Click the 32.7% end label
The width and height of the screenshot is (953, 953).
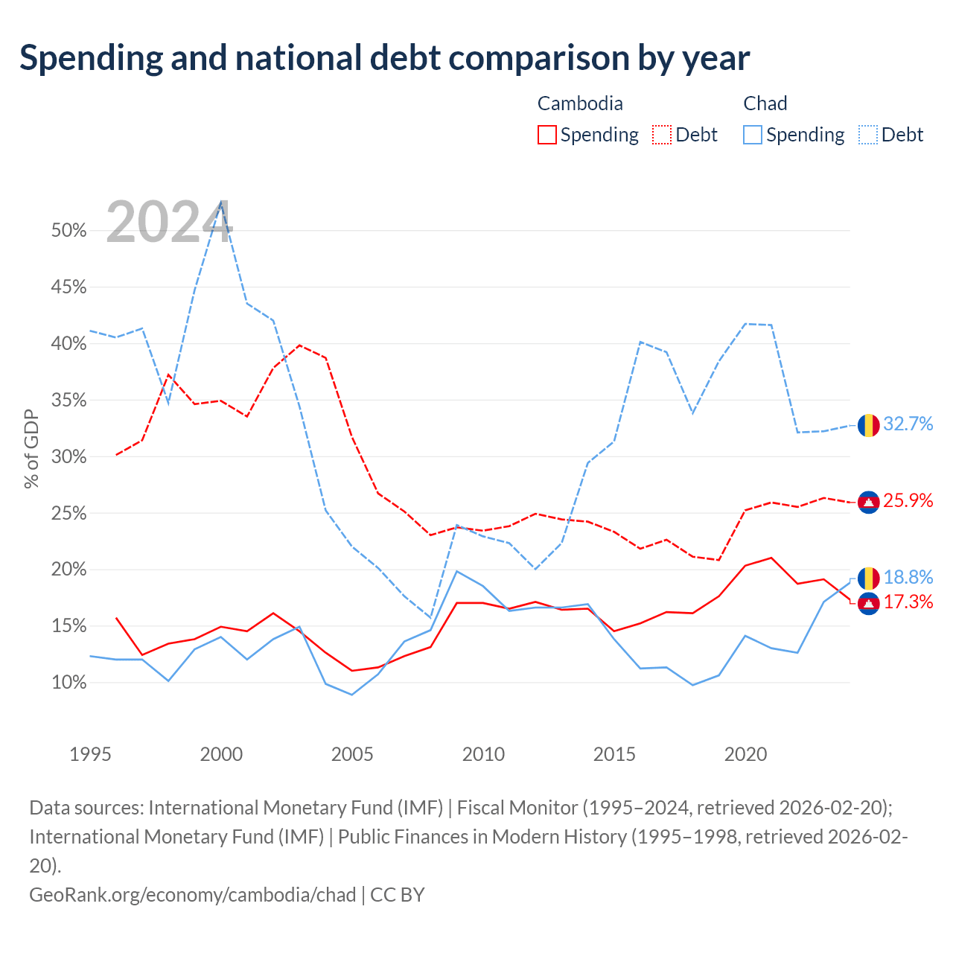point(908,424)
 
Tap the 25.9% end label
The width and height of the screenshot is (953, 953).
point(908,500)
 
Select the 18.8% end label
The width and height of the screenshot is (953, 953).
point(908,577)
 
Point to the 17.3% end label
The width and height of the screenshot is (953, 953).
point(908,602)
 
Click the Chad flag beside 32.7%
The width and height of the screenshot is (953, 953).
point(868,425)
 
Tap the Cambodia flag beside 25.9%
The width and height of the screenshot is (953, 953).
point(868,503)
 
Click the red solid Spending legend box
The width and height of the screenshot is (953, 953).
point(547,135)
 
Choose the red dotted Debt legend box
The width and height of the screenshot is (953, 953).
point(662,135)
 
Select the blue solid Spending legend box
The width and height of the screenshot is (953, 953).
point(752,135)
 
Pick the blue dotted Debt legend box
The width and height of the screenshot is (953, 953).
point(867,135)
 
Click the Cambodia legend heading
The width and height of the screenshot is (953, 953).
point(579,103)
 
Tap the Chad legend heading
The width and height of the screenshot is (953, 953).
point(765,103)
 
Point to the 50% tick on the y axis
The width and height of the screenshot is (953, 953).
point(68,230)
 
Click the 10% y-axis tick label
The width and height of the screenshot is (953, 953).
point(68,683)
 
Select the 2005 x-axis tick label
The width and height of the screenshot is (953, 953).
point(351,754)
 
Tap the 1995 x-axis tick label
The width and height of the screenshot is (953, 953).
point(90,754)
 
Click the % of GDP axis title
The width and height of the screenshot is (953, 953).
point(31,448)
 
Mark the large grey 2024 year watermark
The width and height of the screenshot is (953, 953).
point(169,222)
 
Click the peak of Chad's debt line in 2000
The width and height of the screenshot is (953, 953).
point(221,201)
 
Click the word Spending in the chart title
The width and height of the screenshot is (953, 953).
point(92,58)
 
